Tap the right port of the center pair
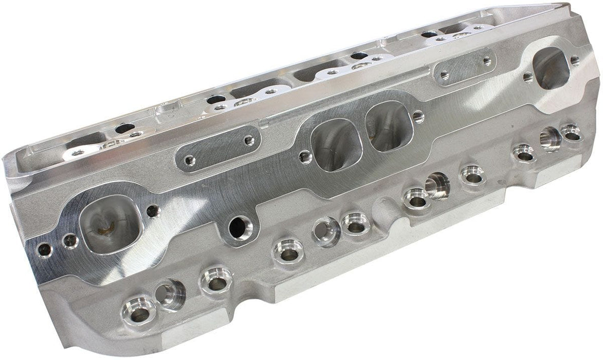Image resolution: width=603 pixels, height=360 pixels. click(x=388, y=126)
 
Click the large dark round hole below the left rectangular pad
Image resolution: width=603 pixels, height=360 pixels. click(x=238, y=226)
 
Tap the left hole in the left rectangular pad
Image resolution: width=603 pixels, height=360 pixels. click(x=189, y=160)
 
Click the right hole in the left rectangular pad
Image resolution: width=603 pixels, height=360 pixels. click(x=249, y=140)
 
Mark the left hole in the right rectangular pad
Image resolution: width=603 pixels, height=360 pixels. click(x=444, y=76)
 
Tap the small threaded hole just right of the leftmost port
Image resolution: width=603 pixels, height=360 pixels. click(x=152, y=211)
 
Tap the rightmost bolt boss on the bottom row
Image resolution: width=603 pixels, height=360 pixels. click(x=571, y=133)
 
